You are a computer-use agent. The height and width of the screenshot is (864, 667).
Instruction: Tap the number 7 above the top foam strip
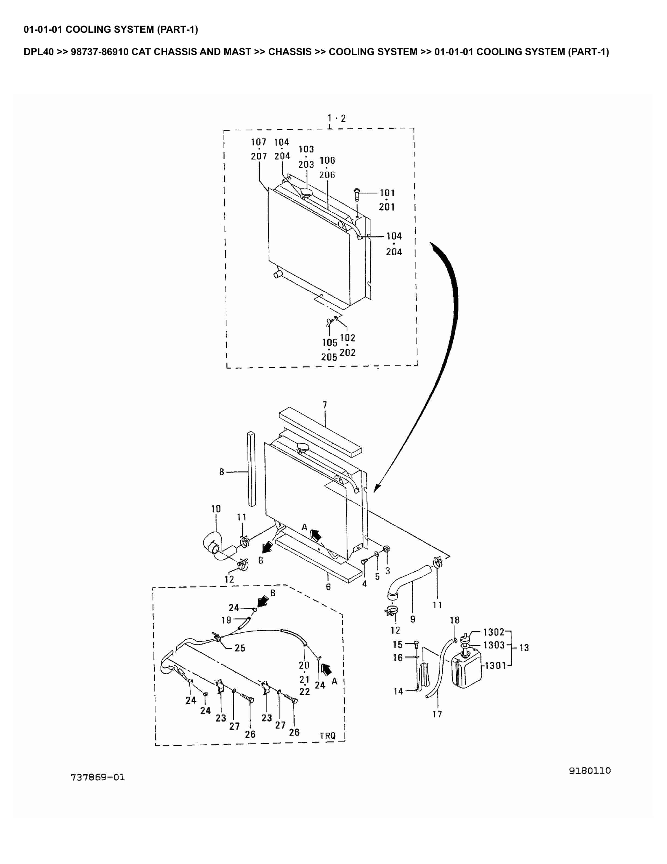(325, 405)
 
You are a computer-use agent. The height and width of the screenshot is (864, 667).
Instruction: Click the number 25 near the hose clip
(240, 648)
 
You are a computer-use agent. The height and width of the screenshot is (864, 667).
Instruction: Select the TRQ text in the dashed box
(328, 736)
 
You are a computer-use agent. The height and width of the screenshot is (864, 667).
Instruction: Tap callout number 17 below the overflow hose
(437, 714)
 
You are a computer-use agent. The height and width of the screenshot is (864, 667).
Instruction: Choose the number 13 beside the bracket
(524, 648)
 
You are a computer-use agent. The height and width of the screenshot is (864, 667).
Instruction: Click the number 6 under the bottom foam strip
(328, 587)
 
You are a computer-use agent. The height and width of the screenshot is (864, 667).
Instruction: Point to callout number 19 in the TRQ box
(226, 620)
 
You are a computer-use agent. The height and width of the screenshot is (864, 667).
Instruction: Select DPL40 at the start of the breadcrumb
(38, 52)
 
